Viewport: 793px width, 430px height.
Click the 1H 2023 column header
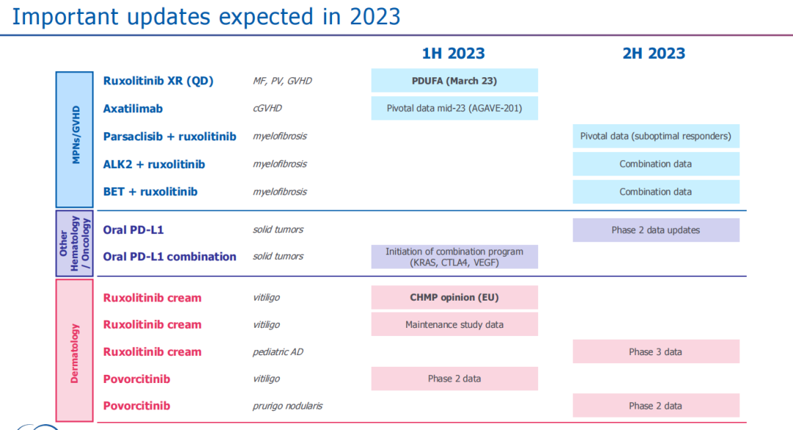coord(453,53)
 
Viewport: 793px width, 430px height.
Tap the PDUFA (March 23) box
coord(455,80)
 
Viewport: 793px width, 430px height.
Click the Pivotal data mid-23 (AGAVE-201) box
coord(455,108)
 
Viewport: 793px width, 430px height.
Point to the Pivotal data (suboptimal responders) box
coord(656,136)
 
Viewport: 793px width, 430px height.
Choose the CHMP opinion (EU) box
coord(455,298)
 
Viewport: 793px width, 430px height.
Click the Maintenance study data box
coord(455,324)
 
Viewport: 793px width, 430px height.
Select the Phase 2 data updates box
coord(656,230)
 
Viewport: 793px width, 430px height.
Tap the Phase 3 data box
coord(656,351)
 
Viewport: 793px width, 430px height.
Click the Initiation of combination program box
coord(455,257)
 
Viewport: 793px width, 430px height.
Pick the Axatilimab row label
coord(133,108)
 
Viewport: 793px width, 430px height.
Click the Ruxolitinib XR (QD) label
coord(158,81)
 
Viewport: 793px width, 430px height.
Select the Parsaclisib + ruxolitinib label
coord(170,136)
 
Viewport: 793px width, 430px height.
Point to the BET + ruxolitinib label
coord(150,192)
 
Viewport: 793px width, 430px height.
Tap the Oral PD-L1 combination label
coord(170,257)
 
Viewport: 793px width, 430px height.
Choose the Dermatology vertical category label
coord(75,352)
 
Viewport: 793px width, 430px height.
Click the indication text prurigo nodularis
coord(287,406)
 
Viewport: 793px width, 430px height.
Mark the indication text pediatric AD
coord(278,352)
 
